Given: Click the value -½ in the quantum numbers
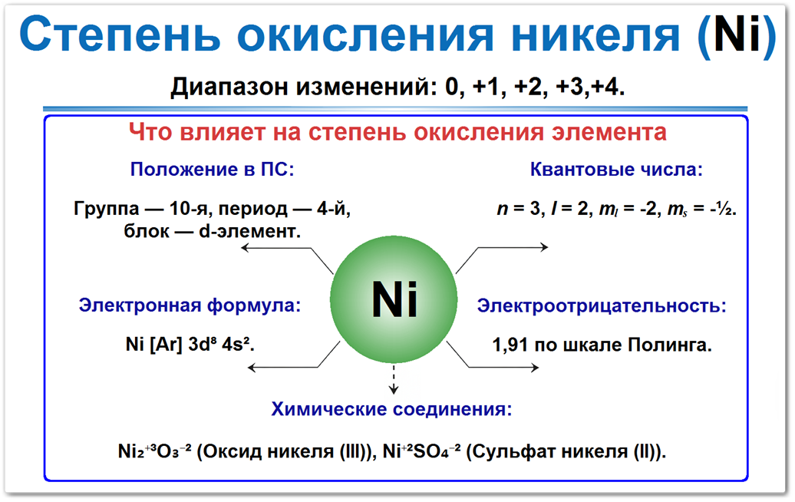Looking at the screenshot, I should coord(721,209).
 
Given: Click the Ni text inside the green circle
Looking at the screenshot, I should coord(394,299).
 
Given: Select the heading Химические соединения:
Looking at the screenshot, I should coord(391,408).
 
